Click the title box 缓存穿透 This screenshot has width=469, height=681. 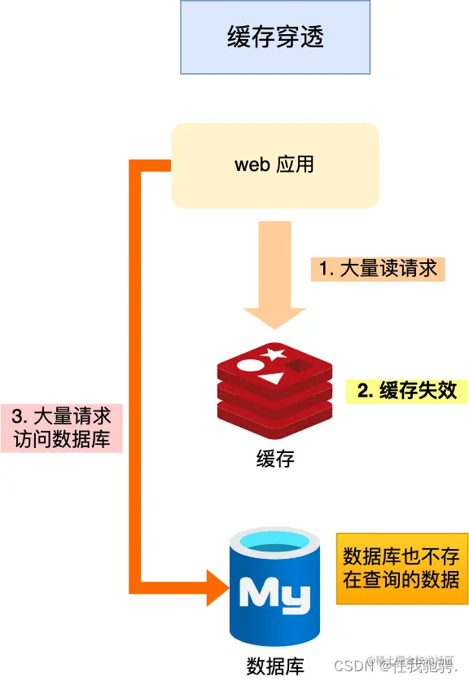275,37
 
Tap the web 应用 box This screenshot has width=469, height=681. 275,165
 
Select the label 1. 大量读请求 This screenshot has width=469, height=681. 378,268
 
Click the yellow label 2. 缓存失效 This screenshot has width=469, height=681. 408,390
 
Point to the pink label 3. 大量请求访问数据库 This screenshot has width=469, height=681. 62,428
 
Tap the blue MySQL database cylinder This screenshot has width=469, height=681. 274,587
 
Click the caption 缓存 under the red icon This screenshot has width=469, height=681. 275,459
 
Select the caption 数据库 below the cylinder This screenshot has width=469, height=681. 274,666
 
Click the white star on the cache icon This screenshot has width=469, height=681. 273,354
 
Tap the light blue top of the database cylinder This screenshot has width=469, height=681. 274,539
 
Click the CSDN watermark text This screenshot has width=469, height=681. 351,666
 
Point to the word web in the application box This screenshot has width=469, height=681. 252,165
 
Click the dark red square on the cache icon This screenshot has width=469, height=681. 302,367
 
